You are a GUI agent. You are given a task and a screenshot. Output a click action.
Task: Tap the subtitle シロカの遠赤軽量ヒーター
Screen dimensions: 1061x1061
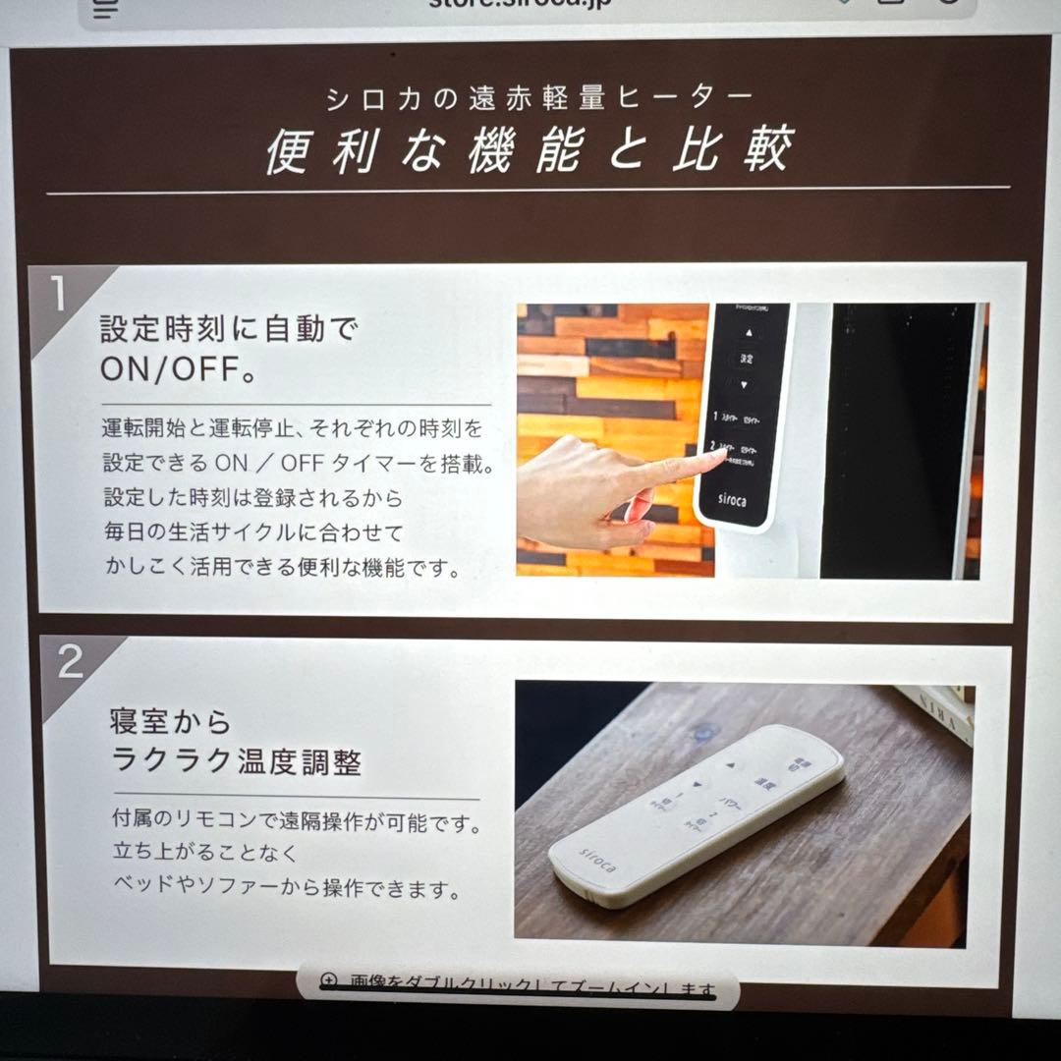click(x=539, y=97)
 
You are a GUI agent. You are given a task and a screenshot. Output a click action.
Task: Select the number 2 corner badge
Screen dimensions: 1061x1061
click(x=70, y=663)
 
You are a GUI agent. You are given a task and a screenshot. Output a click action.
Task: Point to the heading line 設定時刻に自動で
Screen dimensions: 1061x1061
click(x=229, y=328)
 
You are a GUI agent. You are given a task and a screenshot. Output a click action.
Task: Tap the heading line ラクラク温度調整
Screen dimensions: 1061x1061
click(x=236, y=761)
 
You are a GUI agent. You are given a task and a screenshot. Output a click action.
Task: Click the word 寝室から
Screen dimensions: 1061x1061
click(x=170, y=722)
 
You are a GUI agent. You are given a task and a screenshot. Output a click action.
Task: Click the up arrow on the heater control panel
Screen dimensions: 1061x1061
click(x=747, y=332)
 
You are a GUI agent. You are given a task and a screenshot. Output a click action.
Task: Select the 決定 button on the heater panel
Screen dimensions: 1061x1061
click(x=747, y=359)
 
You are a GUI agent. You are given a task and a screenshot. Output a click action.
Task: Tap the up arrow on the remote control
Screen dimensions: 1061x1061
click(x=730, y=762)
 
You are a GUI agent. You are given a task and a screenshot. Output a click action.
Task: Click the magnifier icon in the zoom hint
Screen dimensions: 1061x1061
click(x=328, y=981)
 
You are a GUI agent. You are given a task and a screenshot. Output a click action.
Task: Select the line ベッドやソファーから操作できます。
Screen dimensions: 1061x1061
click(x=286, y=890)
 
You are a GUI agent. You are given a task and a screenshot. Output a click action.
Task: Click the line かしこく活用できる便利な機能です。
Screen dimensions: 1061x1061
click(x=282, y=568)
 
